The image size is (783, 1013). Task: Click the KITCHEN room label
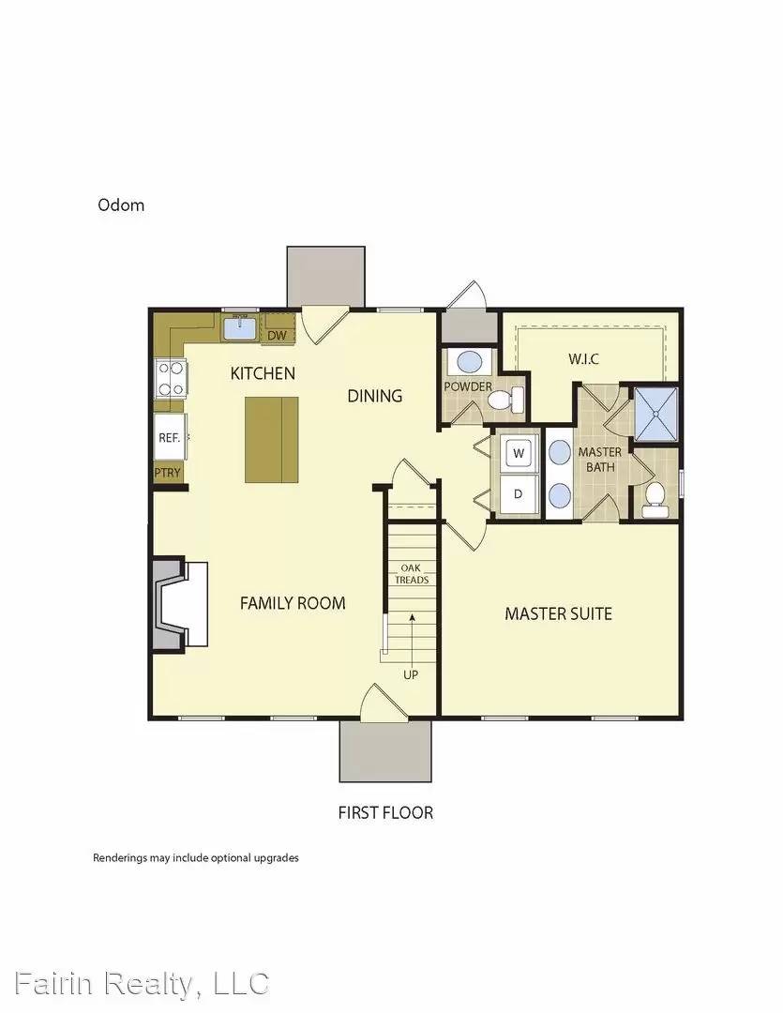263,373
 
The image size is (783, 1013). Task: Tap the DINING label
375,396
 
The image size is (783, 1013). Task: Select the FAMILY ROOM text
293,603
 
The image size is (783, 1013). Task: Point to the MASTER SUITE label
558,613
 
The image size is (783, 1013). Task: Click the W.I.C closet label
583,359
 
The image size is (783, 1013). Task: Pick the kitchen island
272,439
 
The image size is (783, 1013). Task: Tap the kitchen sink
240,329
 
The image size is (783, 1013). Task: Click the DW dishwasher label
277,335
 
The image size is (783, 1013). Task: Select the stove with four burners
171,379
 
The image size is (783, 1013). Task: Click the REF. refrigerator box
170,437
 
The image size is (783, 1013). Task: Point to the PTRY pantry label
167,474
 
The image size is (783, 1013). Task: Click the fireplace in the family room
181,604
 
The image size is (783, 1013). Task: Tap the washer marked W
519,453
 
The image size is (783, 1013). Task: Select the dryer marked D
519,493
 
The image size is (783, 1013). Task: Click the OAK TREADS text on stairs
414,573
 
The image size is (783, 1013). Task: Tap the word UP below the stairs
411,674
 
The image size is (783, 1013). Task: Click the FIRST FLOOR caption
385,812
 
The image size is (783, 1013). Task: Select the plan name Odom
121,204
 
